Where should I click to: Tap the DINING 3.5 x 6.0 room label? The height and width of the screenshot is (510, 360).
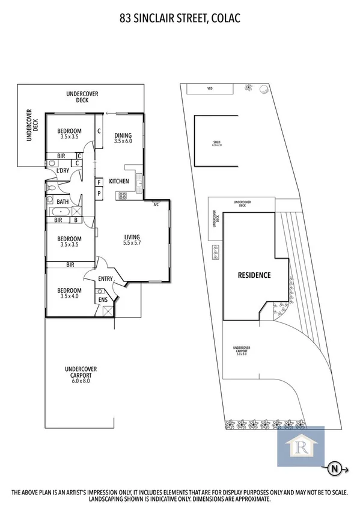[123, 138]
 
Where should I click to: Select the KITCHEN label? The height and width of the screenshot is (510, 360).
[119, 181]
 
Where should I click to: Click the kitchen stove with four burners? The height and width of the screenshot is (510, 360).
[122, 195]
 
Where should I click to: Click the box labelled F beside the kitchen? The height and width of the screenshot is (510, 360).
[99, 182]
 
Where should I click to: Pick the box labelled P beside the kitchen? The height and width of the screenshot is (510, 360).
[99, 194]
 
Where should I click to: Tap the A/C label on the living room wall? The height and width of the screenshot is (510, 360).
[156, 204]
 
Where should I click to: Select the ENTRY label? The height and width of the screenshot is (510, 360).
[105, 278]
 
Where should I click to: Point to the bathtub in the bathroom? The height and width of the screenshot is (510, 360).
[60, 212]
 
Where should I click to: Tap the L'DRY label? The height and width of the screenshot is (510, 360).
[63, 171]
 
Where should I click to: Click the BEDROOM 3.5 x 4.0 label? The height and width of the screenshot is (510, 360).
[69, 292]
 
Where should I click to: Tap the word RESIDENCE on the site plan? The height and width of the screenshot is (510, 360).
[254, 275]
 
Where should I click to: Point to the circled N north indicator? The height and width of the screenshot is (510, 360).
[334, 466]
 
